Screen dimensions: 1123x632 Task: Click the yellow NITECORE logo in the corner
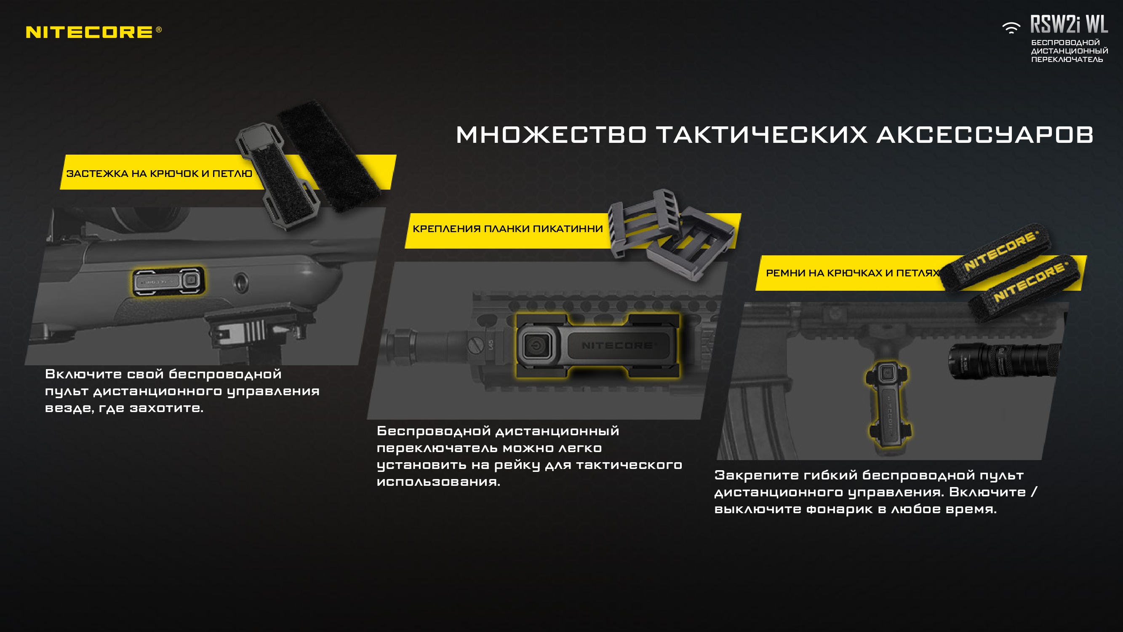[94, 32]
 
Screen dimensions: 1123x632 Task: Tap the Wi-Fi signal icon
[1011, 28]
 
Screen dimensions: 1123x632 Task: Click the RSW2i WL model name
[1069, 24]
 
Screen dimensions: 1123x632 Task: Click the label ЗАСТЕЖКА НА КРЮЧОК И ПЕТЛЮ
[159, 174]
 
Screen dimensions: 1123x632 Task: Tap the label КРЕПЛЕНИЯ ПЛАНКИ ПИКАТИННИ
[508, 228]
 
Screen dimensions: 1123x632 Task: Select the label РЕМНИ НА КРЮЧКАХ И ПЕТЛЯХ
[852, 273]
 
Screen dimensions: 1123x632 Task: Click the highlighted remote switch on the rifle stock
[168, 281]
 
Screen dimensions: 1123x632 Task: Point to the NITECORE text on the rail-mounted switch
[618, 345]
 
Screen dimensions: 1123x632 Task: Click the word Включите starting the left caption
[83, 374]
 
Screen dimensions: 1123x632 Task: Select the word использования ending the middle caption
[438, 482]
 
